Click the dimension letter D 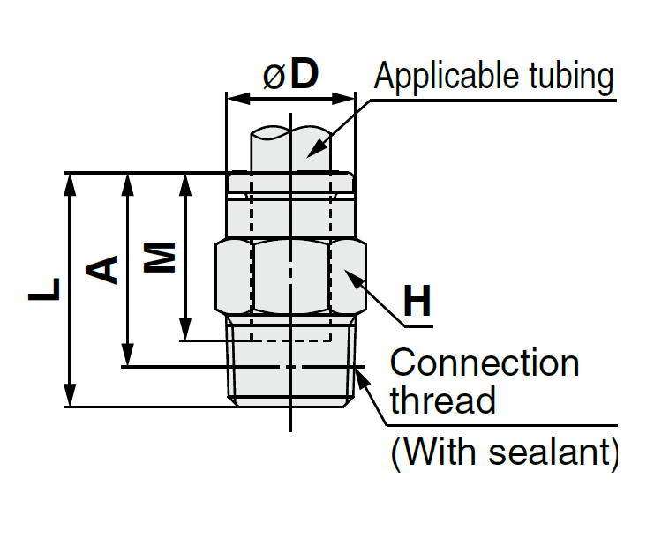point(304,75)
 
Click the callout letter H point(417,303)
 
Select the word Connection point(485,363)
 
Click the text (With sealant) point(504,452)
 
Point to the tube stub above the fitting point(291,150)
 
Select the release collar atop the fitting point(291,182)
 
